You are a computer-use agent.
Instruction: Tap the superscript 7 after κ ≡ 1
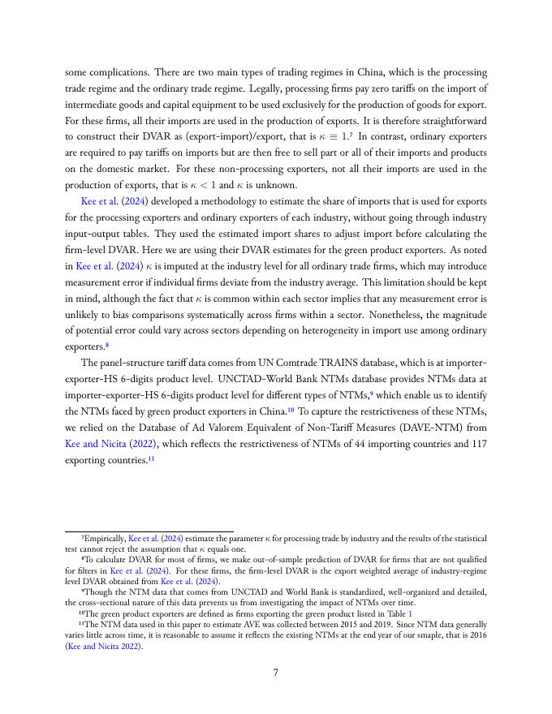tap(351, 134)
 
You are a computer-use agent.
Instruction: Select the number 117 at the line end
tap(477, 444)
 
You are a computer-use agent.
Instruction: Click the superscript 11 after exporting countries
tap(152, 458)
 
